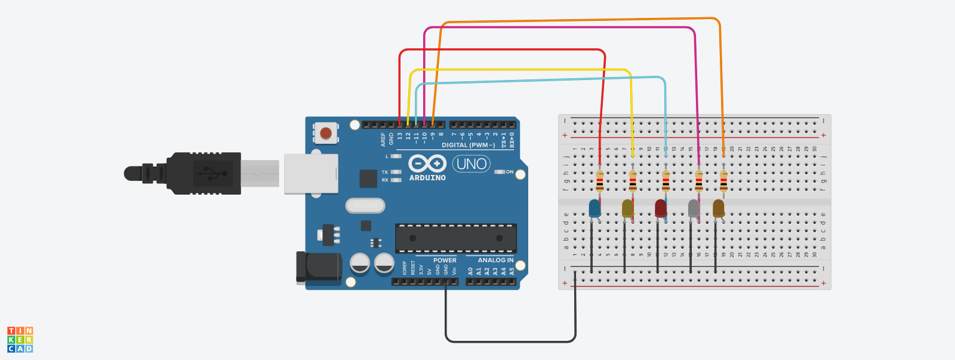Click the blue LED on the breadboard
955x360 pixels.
tap(594, 208)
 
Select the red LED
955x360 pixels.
tap(661, 208)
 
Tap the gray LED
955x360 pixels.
tap(694, 208)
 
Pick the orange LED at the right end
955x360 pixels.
tap(719, 208)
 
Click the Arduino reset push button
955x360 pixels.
tap(325, 133)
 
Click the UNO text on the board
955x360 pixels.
tap(472, 164)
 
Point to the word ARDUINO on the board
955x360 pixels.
tap(427, 178)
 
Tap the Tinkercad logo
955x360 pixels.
tap(20, 339)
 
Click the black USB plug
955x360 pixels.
tap(203, 173)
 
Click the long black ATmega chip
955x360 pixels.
tap(456, 238)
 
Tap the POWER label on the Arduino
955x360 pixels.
tap(445, 260)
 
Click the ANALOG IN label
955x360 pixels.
tap(495, 260)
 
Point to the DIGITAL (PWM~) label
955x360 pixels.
tap(468, 145)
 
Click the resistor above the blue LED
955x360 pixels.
tap(600, 180)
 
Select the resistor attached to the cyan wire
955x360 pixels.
tap(666, 180)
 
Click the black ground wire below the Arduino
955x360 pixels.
tap(510, 341)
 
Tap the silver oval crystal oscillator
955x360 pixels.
tap(365, 206)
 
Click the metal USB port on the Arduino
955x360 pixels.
tap(311, 174)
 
